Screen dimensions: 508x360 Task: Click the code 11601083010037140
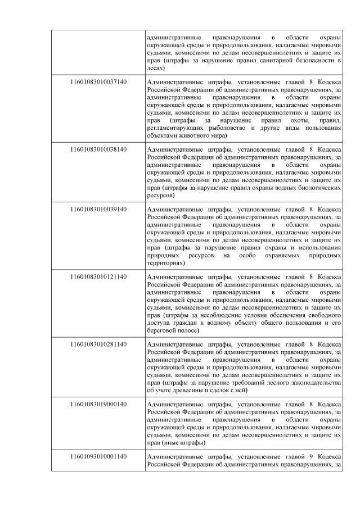98,81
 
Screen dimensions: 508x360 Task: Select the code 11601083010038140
98,149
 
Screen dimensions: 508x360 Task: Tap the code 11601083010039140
98,210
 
